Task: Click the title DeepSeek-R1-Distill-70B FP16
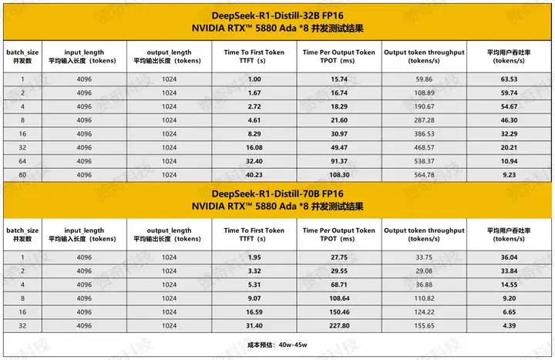(277, 193)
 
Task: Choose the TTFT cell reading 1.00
(254, 79)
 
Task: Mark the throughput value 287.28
(424, 119)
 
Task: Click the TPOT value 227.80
(339, 325)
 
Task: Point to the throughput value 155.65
(424, 325)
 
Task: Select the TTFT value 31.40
(254, 325)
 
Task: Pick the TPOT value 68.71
(339, 284)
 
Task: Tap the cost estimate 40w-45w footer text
(277, 345)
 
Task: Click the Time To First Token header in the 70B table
(254, 234)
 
